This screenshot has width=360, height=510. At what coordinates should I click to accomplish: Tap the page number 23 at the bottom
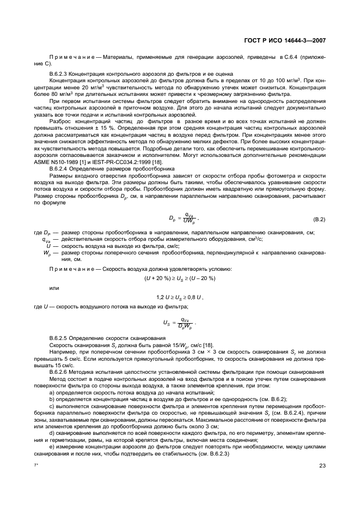(x=322, y=465)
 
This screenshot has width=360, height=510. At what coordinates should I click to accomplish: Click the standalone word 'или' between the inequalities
(x=53, y=288)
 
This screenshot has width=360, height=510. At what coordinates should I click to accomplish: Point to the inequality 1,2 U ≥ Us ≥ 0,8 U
(x=180, y=297)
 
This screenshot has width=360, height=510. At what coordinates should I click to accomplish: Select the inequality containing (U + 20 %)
(x=180, y=278)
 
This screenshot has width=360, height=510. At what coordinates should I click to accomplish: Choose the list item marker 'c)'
(x=52, y=406)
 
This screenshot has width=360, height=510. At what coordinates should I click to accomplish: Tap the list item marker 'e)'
(x=52, y=447)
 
